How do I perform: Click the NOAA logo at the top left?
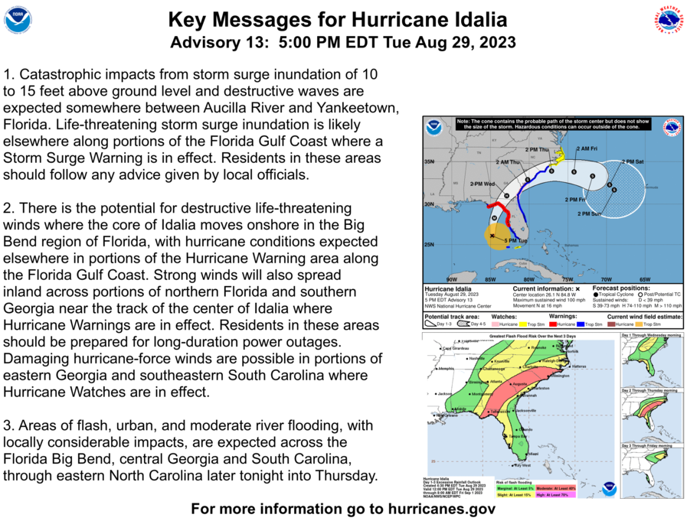(17, 20)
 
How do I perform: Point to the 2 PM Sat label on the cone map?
(633, 161)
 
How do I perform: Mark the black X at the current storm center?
(491, 236)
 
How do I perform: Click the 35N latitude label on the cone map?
(429, 161)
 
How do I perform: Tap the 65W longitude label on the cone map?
(645, 278)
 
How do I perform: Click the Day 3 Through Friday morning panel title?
(650, 445)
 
